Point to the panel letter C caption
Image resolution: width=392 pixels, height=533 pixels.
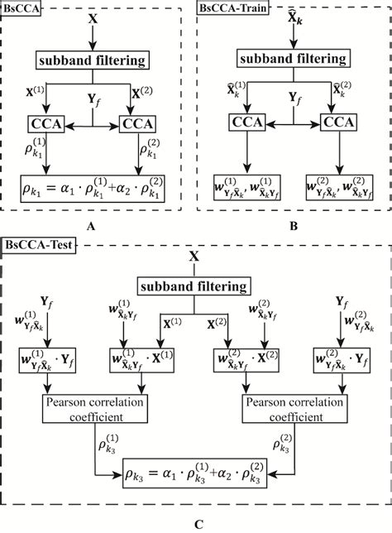(x=195, y=523)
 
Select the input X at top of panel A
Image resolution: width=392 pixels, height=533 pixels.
(x=94, y=16)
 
